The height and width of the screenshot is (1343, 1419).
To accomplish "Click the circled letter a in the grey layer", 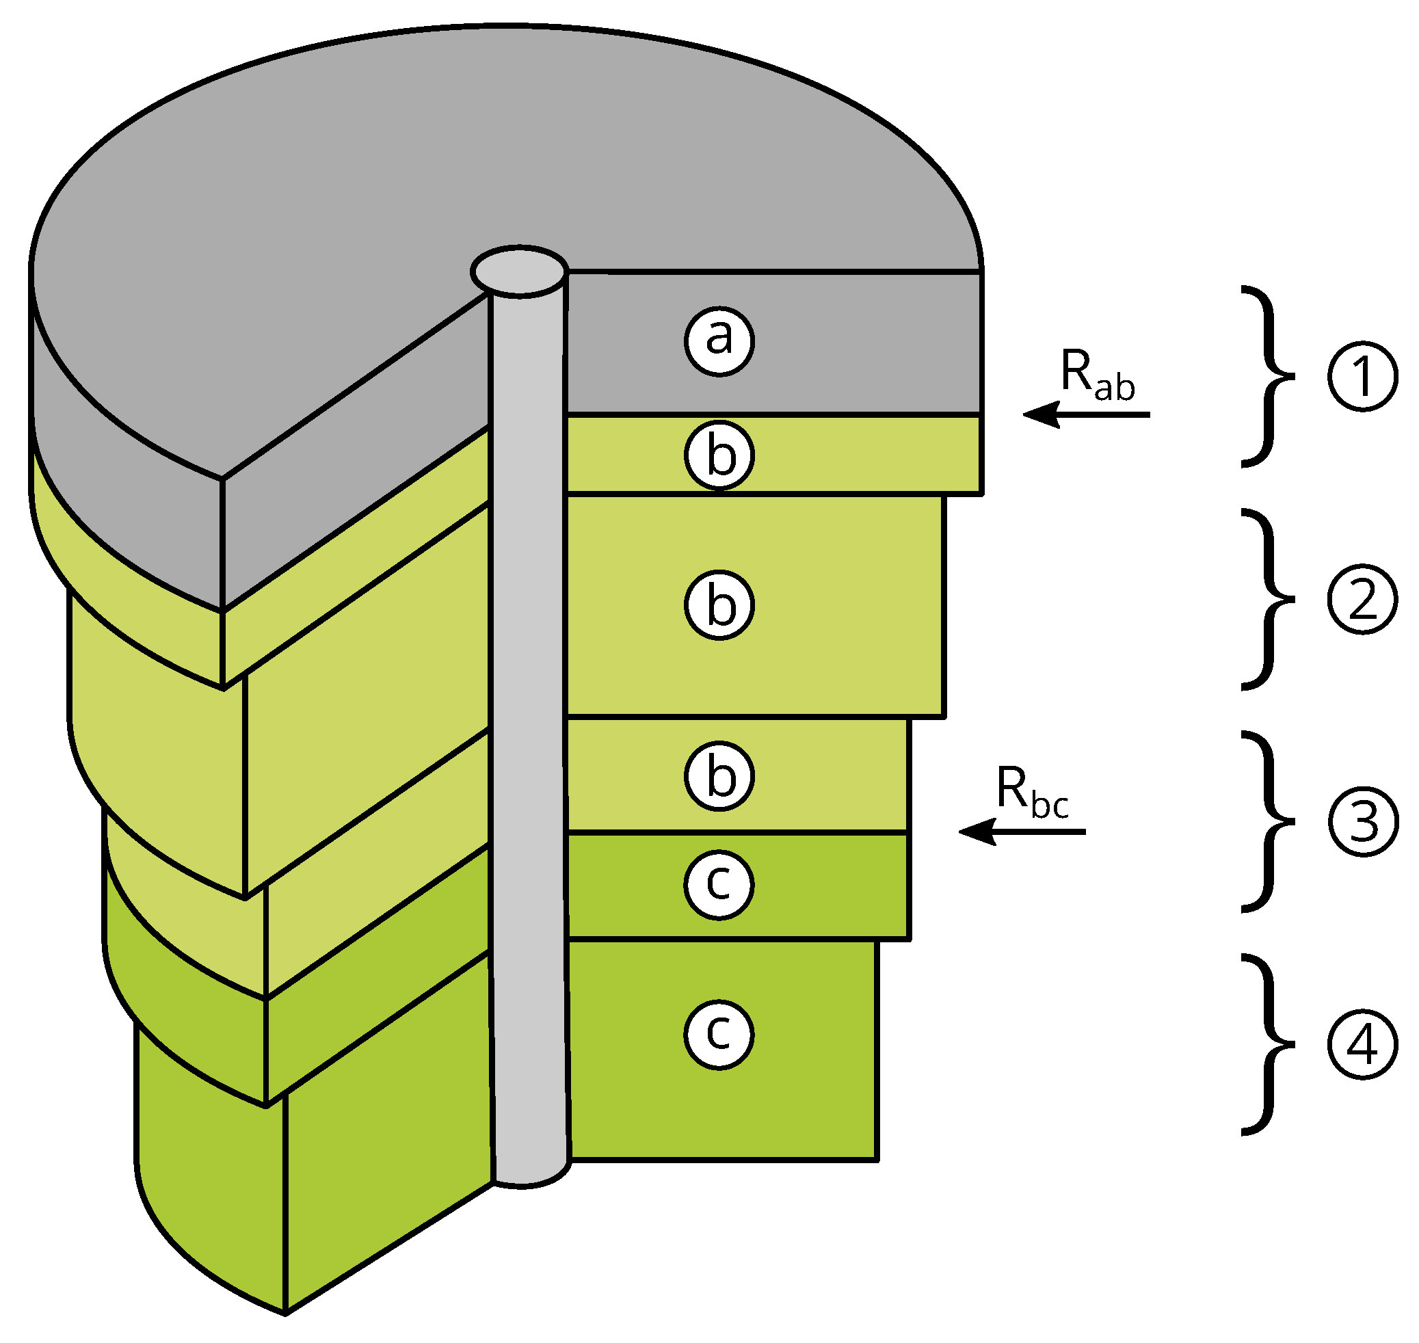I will click(719, 341).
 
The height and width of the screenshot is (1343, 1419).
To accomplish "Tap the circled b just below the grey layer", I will click(719, 455).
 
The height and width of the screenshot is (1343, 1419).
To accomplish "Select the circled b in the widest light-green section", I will click(719, 605).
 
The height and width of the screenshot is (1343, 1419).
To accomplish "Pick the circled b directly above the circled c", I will click(719, 776).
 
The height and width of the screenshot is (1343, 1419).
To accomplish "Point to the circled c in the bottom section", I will click(719, 1035).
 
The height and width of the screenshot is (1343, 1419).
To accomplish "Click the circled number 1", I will click(1362, 377).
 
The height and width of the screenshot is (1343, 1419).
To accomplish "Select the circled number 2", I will click(1362, 600).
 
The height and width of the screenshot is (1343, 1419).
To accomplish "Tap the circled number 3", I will click(1362, 822).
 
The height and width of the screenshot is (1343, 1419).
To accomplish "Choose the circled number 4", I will click(1362, 1044).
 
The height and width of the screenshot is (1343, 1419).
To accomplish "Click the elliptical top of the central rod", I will click(520, 271).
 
